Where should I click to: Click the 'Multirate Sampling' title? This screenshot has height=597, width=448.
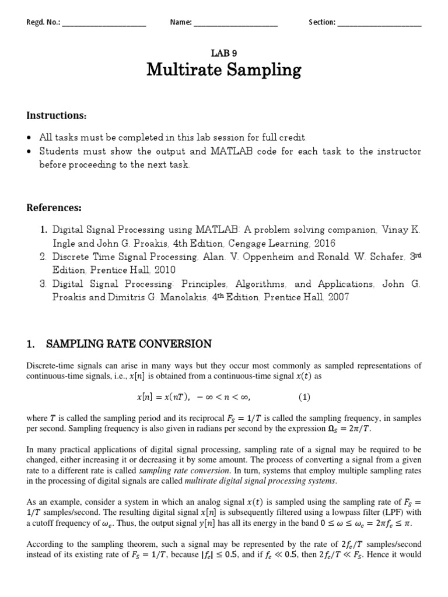point(224,71)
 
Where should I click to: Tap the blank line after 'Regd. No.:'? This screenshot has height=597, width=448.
point(103,23)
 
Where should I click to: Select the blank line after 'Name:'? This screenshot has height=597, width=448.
point(235,23)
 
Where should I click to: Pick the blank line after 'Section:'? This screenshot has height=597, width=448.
point(379,23)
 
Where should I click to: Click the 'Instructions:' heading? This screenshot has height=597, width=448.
point(57,115)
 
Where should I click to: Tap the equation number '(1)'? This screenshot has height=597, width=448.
point(304,398)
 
